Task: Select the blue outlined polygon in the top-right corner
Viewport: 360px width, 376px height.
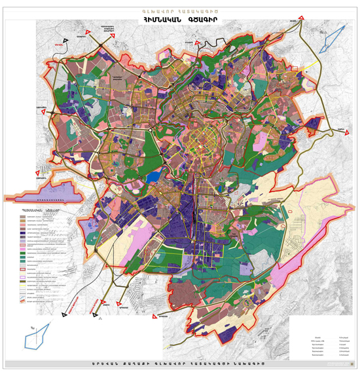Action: point(334,34)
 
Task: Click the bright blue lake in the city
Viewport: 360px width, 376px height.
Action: point(154,176)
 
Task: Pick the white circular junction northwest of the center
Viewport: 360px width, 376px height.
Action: point(151,130)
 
